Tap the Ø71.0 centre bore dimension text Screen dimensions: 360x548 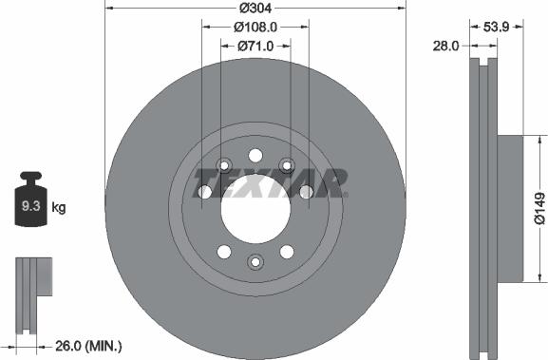(255, 45)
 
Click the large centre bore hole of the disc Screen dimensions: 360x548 (255, 208)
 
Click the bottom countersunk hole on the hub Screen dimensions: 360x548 (255, 261)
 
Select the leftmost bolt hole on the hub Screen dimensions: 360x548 (204, 193)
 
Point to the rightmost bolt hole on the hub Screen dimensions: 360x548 (306, 193)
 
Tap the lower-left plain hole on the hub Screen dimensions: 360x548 (224, 252)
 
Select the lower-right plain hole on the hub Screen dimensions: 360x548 (286, 252)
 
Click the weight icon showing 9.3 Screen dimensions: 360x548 (28, 201)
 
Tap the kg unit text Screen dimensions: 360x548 (58, 206)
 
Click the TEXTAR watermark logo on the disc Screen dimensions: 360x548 (270, 182)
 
